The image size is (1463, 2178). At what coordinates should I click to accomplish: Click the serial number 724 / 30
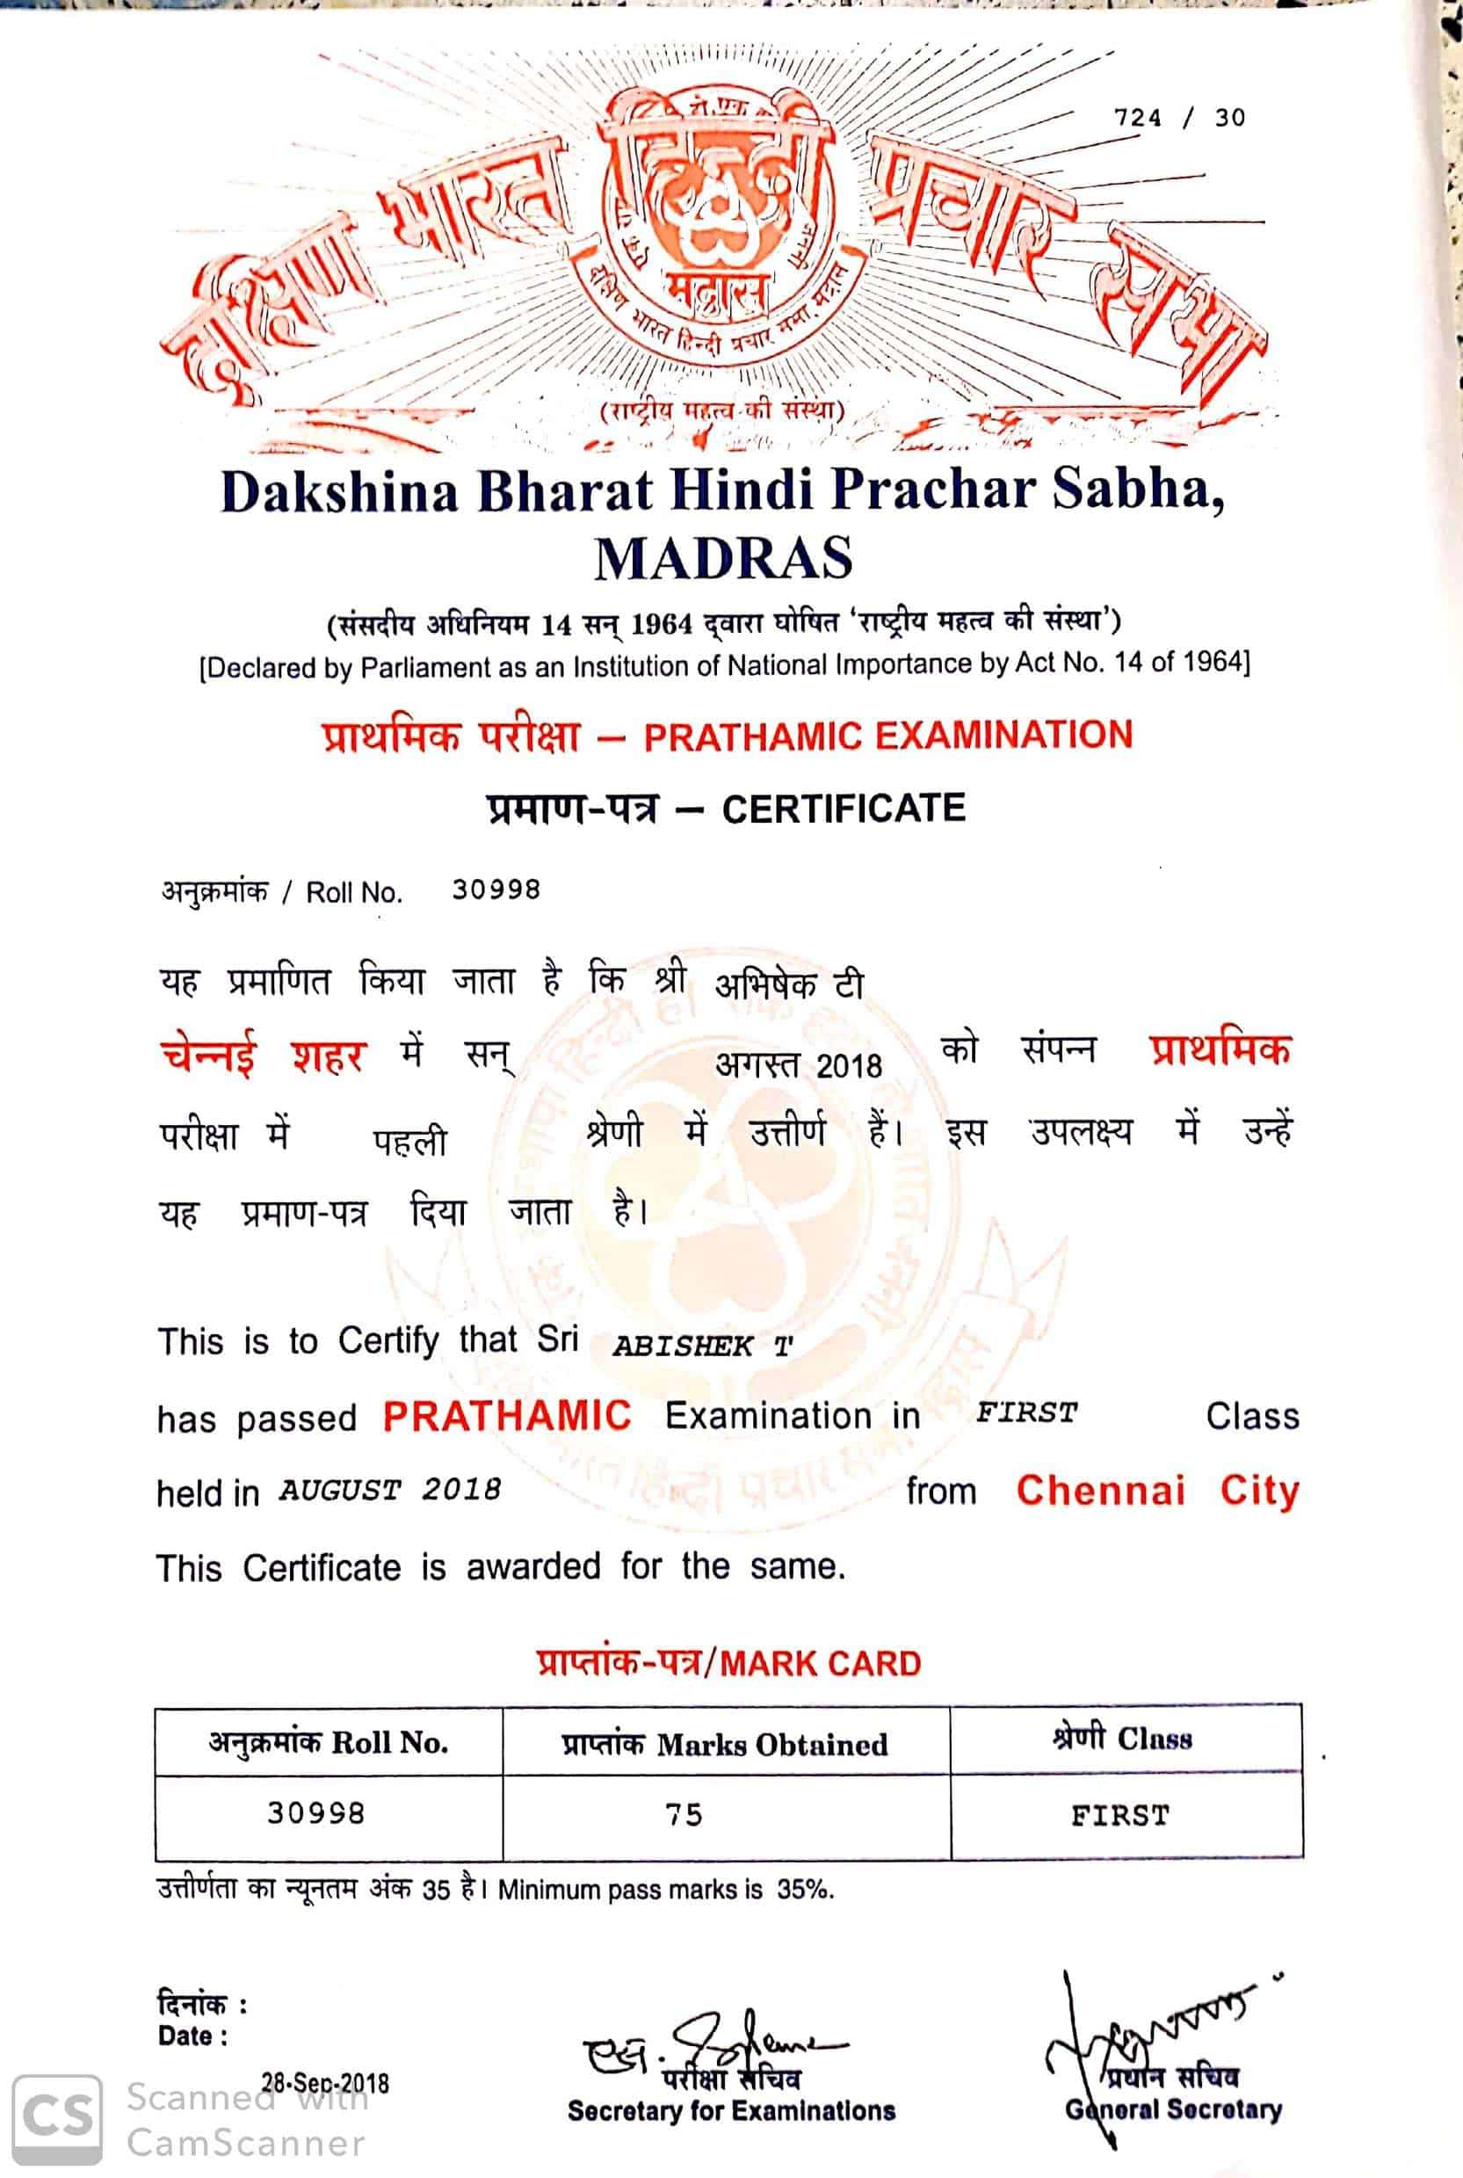[x=1179, y=118]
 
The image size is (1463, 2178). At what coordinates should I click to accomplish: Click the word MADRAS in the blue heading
[x=723, y=558]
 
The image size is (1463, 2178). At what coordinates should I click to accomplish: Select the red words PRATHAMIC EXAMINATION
[x=887, y=736]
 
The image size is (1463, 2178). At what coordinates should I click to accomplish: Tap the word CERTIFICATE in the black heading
[x=844, y=808]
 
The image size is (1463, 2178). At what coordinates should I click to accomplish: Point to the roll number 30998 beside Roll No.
[x=496, y=889]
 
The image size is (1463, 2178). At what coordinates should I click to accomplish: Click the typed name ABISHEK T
[x=702, y=1346]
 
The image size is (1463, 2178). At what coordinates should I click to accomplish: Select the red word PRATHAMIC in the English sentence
[x=507, y=1416]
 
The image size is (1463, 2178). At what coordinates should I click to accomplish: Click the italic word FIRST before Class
[x=1026, y=1412]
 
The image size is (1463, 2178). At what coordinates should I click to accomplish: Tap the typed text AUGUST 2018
[x=389, y=1489]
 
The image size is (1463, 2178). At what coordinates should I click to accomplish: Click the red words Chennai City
[x=1157, y=1491]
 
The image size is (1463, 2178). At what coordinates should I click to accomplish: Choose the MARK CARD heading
[x=821, y=1664]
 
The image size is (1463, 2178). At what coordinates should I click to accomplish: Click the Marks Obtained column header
[x=725, y=1744]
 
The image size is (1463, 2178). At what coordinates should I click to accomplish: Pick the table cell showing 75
[x=684, y=1815]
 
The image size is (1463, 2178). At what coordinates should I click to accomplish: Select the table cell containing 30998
[x=316, y=1813]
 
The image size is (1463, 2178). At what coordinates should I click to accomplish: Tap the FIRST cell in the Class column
[x=1119, y=1816]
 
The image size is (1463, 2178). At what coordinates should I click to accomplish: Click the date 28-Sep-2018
[x=325, y=2083]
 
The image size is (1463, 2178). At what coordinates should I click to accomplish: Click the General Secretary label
[x=1173, y=2109]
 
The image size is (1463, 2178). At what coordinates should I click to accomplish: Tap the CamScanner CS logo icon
[x=57, y=2117]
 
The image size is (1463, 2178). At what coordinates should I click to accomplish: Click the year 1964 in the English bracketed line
[x=1213, y=662]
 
